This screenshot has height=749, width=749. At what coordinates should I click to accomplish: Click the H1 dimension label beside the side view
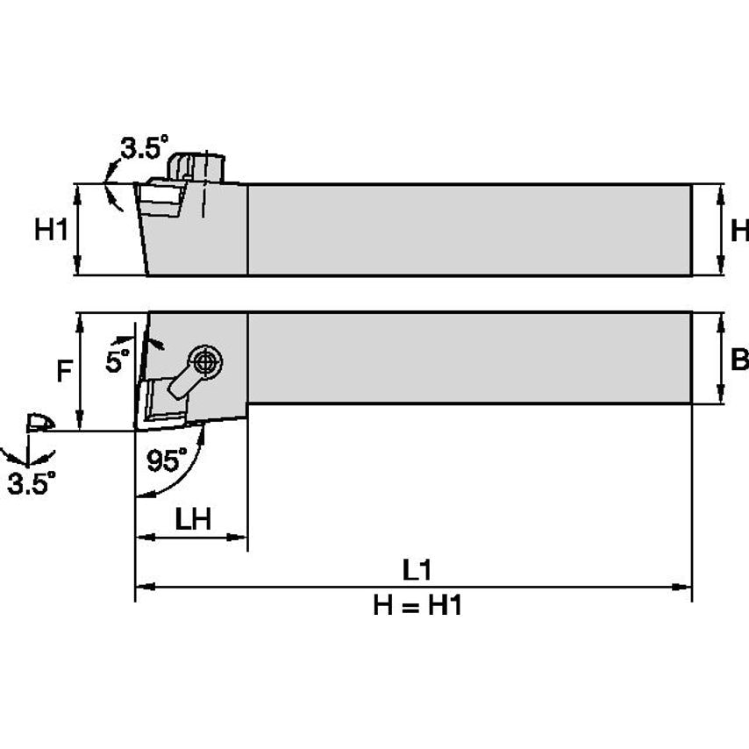pos(50,231)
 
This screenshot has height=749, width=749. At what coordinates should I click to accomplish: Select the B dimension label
pos(738,360)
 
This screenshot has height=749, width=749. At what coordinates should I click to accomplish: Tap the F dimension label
pos(63,372)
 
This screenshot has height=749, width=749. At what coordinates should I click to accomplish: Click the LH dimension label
pos(191,519)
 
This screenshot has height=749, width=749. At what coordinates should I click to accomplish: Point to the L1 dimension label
pos(417,570)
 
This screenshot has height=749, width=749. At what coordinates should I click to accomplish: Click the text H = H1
pos(417,605)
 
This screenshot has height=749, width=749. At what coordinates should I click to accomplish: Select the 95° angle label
pos(167,460)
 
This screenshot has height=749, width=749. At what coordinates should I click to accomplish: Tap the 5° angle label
pos(118,360)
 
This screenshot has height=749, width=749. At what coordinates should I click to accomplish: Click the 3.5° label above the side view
pos(143,149)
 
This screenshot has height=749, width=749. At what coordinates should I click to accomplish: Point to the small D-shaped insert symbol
pos(39,424)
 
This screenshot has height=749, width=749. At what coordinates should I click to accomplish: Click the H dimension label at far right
pos(739,231)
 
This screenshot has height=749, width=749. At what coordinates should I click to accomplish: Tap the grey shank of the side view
pos(469,231)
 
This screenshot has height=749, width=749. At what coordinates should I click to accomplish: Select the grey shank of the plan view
pos(469,358)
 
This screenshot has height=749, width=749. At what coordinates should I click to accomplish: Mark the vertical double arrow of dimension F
pos(81,372)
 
